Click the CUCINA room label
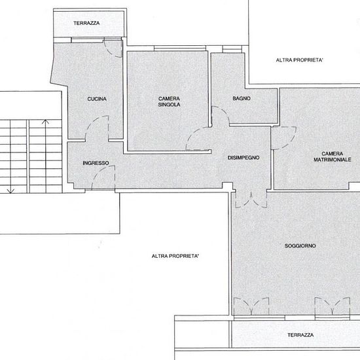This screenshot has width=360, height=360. (x=97, y=99)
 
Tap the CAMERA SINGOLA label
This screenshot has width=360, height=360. (x=170, y=101)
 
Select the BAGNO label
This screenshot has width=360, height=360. (x=242, y=98)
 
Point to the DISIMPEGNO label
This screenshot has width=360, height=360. (x=243, y=158)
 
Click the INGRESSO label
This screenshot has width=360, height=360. (x=96, y=163)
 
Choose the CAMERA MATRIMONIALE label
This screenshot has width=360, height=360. (x=333, y=156)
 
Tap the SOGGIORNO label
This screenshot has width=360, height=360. (x=300, y=246)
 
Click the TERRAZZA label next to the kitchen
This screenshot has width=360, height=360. (x=86, y=23)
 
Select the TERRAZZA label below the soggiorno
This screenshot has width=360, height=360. (x=300, y=335)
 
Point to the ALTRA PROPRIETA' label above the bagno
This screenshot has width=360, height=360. (x=300, y=60)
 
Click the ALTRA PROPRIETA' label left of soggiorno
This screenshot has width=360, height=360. (x=175, y=256)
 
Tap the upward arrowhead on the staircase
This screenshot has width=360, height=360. (x=45, y=122)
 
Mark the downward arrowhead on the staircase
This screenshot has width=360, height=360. (x=10, y=190)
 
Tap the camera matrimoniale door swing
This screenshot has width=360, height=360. (x=290, y=142)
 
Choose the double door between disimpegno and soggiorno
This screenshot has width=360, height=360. (x=251, y=200)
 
